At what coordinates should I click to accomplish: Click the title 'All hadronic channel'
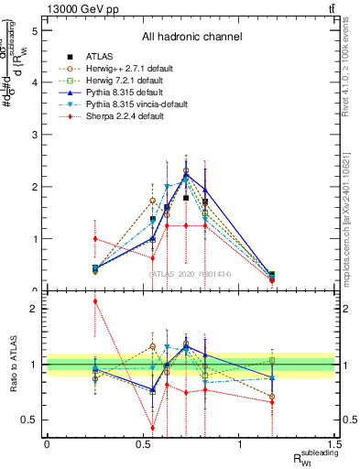pyautogui.click(x=191, y=37)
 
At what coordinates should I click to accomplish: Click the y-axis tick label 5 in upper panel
pyautogui.click(x=34, y=30)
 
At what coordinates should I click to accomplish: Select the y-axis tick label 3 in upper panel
pyautogui.click(x=34, y=135)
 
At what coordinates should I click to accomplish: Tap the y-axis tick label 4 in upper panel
pyautogui.click(x=34, y=82)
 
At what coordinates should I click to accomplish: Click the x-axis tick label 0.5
pyautogui.click(x=143, y=444)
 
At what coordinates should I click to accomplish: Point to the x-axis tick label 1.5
pyautogui.click(x=335, y=444)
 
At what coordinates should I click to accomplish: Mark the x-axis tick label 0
pyautogui.click(x=47, y=444)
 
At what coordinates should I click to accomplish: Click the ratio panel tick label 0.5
pyautogui.click(x=30, y=420)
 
